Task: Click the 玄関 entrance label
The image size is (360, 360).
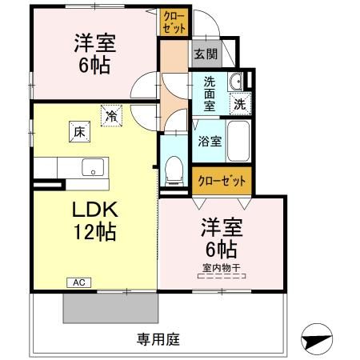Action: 206,55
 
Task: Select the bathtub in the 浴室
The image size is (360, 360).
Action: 238,142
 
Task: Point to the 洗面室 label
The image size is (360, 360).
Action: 209,94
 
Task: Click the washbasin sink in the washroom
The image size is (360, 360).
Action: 236,82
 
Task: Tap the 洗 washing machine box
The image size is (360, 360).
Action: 239,102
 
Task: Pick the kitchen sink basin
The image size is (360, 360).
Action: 92,169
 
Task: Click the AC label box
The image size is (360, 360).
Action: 79,282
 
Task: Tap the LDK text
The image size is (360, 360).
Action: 97,211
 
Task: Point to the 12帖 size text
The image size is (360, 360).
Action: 97,233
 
